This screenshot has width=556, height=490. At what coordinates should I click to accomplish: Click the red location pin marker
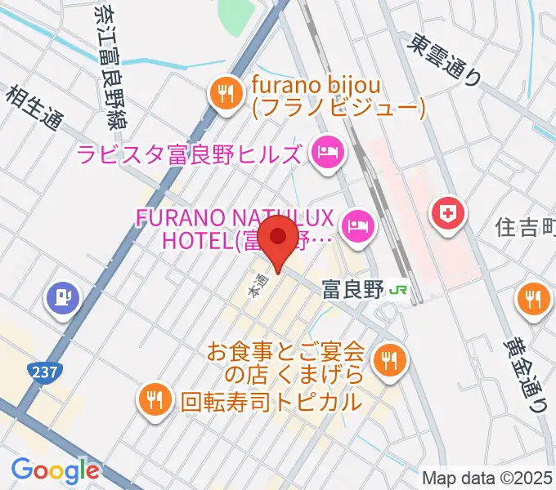(279, 239)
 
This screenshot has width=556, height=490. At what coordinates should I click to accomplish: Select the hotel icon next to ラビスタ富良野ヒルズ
(327, 152)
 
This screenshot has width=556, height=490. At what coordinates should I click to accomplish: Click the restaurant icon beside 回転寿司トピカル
(154, 399)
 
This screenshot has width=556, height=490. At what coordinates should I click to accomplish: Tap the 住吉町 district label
(525, 229)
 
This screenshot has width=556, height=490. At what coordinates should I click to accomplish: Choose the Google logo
(55, 470)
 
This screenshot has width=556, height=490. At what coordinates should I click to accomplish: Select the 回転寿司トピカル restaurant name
(270, 401)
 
